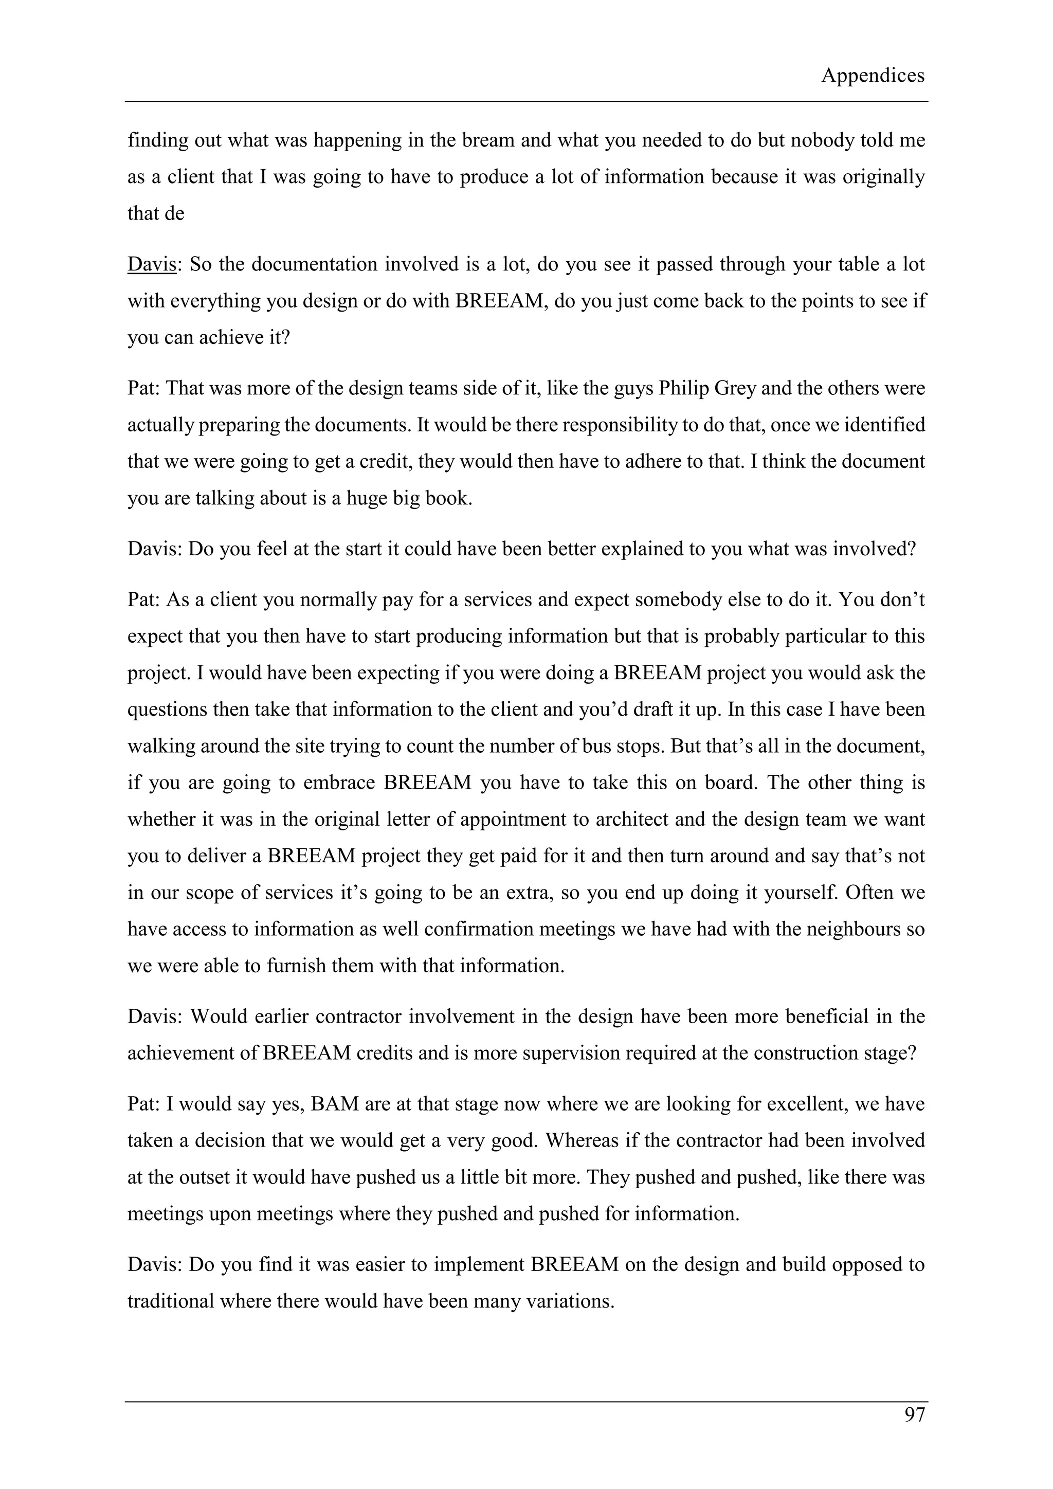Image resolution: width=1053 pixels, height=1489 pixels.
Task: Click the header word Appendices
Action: [872, 76]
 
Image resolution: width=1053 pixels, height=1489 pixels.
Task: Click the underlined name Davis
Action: [152, 265]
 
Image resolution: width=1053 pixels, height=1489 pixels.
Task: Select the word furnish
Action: [296, 966]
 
